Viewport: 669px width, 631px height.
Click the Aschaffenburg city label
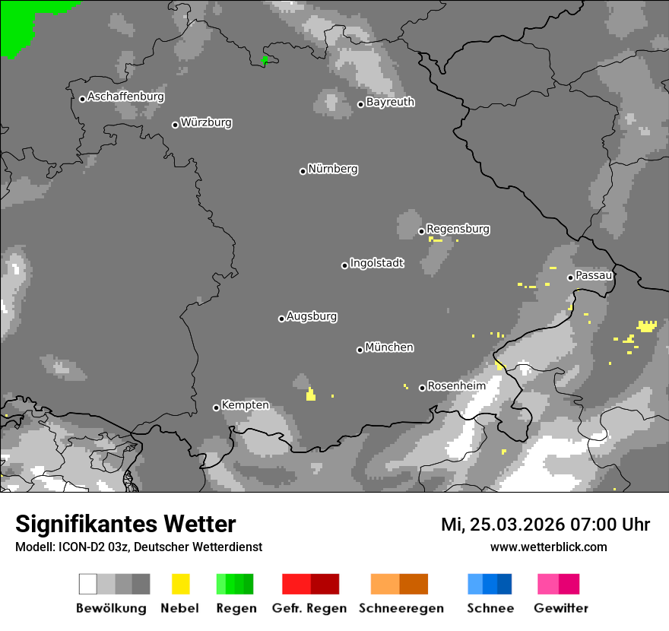pyautogui.click(x=125, y=97)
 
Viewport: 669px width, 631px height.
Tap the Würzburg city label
pyautogui.click(x=206, y=122)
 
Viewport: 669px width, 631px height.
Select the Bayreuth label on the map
pyautogui.click(x=390, y=102)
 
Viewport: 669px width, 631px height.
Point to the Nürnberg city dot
pyautogui.click(x=303, y=171)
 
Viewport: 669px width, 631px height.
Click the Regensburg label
pyautogui.click(x=458, y=229)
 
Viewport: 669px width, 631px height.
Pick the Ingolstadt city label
pyautogui.click(x=377, y=263)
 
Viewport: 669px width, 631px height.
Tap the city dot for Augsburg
pyautogui.click(x=281, y=319)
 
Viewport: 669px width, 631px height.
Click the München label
pyautogui.click(x=389, y=347)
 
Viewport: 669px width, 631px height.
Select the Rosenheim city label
pyautogui.click(x=456, y=386)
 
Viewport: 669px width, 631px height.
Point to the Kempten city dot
pyautogui.click(x=216, y=407)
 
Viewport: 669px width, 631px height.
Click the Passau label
pyautogui.click(x=594, y=275)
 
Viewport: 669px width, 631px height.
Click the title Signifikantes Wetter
pyautogui.click(x=125, y=524)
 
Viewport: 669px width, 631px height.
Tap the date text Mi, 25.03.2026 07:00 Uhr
pyautogui.click(x=545, y=525)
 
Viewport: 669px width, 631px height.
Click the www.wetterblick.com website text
pyautogui.click(x=548, y=547)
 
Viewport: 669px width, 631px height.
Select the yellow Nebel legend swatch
pyautogui.click(x=180, y=584)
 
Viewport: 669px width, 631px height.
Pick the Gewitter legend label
pyautogui.click(x=561, y=608)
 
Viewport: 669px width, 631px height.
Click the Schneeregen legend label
pyautogui.click(x=401, y=608)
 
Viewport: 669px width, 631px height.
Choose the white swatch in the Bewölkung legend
pyautogui.click(x=88, y=584)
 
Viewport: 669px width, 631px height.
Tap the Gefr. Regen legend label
pyautogui.click(x=309, y=608)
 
